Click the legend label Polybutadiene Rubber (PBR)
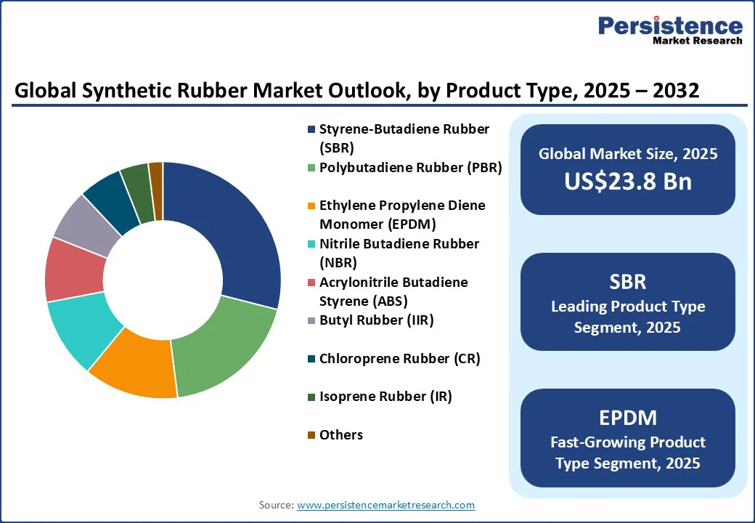click(411, 168)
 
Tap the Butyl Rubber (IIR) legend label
click(377, 320)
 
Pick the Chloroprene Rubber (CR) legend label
click(400, 359)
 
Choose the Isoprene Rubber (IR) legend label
click(385, 397)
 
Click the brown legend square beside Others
click(311, 435)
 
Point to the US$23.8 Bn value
click(628, 181)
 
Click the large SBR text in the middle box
click(628, 282)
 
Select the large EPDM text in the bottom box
click(628, 418)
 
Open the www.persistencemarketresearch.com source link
click(385, 505)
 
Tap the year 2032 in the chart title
click(676, 91)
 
